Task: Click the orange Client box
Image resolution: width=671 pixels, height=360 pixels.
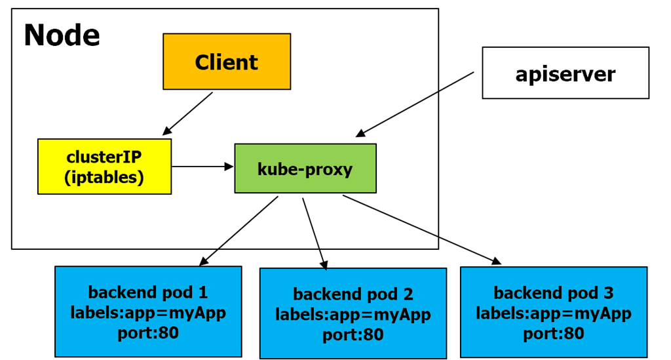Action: coord(226,62)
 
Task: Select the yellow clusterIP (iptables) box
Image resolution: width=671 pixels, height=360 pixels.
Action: coord(104,167)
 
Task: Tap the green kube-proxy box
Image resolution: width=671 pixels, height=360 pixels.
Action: coord(305,169)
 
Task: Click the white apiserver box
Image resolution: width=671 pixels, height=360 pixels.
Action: coord(565,73)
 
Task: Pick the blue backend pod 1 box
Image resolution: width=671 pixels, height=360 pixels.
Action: coord(148,311)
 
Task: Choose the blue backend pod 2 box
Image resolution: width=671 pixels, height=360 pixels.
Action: coord(353,313)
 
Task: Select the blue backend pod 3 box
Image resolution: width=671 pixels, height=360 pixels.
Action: coord(553,311)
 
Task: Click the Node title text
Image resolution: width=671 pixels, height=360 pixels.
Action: coord(62,35)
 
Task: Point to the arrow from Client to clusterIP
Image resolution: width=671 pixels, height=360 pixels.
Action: coord(187,113)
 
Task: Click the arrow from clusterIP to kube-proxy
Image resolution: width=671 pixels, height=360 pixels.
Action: coord(202,167)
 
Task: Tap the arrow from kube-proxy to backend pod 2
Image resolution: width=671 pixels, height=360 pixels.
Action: coord(313,233)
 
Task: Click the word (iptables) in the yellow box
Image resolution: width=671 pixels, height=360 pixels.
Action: coord(104,177)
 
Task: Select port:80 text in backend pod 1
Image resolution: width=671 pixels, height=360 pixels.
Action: coord(148,332)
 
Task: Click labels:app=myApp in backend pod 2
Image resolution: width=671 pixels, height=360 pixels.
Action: coord(353,315)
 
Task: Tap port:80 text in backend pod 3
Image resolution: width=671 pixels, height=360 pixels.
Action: coord(553,333)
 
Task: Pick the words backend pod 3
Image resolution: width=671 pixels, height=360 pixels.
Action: coord(553,292)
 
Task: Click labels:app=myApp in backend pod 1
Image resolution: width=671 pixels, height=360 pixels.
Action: coord(148,313)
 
